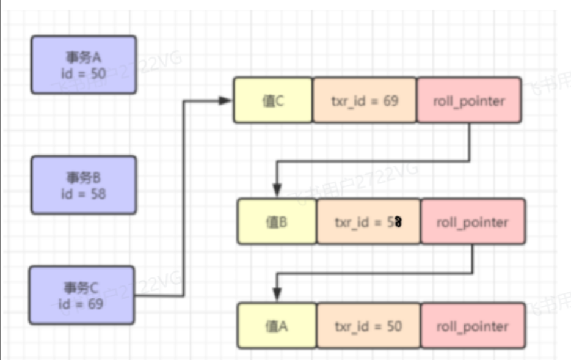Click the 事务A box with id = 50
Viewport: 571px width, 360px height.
84,65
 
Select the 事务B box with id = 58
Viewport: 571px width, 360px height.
84,185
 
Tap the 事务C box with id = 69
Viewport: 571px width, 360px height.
81,295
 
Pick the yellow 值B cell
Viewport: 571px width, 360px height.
277,222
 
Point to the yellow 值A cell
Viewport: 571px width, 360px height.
277,326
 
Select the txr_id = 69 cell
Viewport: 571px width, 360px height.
365,100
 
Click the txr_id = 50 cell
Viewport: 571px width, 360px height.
368,326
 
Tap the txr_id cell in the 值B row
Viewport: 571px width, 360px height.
368,222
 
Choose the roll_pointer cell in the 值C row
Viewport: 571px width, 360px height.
469,100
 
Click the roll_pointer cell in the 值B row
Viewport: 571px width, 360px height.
473,222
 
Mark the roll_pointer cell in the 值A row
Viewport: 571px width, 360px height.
473,326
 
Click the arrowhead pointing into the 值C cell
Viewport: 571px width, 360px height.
227,100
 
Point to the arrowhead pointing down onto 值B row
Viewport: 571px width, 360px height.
277,191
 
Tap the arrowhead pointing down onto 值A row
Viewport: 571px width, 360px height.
277,296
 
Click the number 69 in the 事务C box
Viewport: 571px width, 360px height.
95,303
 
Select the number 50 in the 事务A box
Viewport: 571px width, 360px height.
98,74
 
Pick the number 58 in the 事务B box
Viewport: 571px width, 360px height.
98,194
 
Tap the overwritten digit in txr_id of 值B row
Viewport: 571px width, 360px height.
398,222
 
